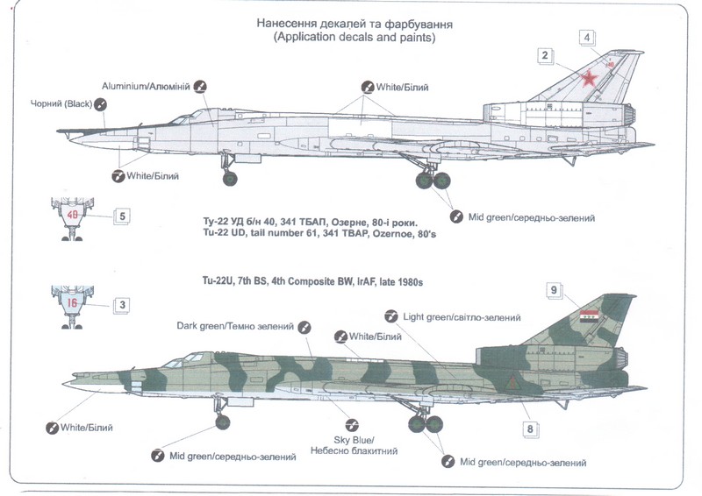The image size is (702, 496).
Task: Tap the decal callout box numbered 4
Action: pos(587,37)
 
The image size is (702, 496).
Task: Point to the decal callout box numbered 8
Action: pos(530,429)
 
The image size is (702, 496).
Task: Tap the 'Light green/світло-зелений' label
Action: pos(459,316)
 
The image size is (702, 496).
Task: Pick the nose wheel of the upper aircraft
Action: pos(229,181)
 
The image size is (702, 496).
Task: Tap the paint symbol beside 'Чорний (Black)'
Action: pos(102,104)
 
